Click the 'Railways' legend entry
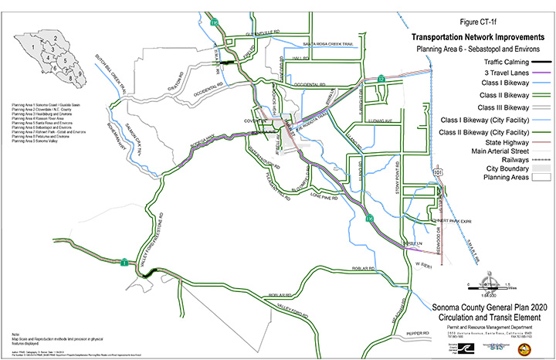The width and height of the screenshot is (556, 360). coord(507,161)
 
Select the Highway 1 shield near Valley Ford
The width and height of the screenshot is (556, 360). coord(124,263)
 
